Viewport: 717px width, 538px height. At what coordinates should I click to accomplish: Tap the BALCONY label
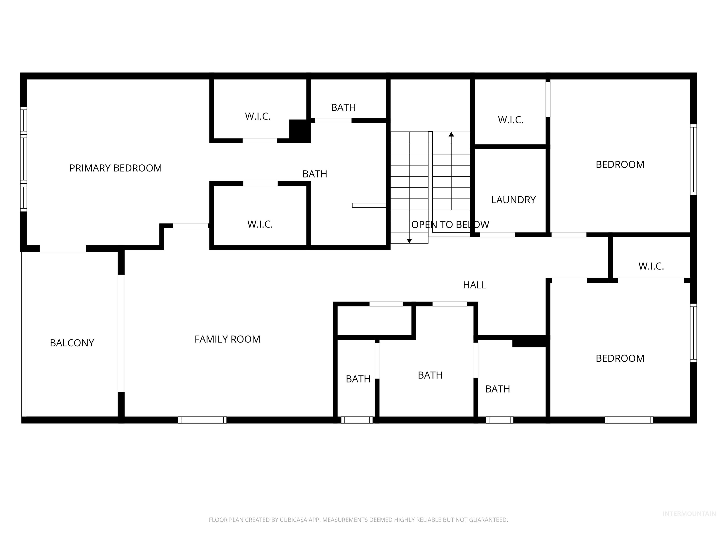pos(72,343)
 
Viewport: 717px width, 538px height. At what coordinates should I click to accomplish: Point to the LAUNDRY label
pos(513,200)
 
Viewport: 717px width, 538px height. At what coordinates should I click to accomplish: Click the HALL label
pos(474,285)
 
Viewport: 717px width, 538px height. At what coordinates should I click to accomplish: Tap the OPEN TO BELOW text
pos(450,224)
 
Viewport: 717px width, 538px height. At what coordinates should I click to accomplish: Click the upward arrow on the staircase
pos(451,134)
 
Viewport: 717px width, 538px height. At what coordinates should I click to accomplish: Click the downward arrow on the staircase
pos(409,241)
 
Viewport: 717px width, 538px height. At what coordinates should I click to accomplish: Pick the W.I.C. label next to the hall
pos(651,266)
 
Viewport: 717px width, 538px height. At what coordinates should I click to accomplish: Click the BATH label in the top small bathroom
pos(343,107)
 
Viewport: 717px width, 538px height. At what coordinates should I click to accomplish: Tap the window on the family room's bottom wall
pos(202,420)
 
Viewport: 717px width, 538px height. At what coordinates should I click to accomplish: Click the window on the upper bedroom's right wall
pos(693,159)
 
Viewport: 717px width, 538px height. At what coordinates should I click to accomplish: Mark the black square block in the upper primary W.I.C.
pos(299,130)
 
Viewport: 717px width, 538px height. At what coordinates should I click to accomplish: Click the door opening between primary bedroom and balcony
pos(63,249)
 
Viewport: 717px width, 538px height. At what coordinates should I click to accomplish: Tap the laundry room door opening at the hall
pos(497,235)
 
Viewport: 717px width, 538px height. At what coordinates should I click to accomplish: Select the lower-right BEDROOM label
pos(620,358)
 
